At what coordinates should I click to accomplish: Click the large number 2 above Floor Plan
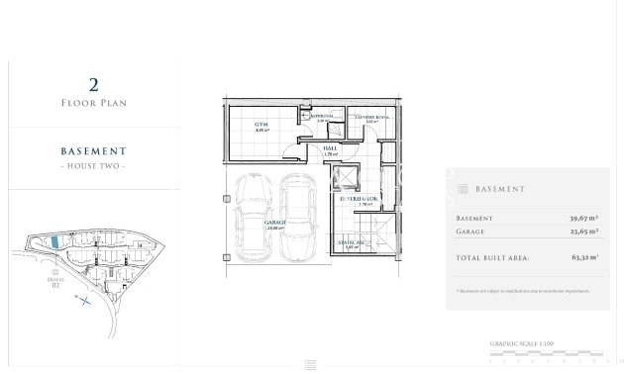[x=93, y=85]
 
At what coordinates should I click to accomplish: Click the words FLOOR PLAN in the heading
[x=93, y=103]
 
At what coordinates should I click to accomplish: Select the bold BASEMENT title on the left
[x=93, y=151]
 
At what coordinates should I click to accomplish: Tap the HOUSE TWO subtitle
[x=93, y=165]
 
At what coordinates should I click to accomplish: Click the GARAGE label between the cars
[x=274, y=224]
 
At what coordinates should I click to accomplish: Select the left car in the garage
[x=254, y=218]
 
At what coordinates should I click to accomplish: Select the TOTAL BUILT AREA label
[x=492, y=257]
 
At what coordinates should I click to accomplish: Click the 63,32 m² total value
[x=588, y=257]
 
